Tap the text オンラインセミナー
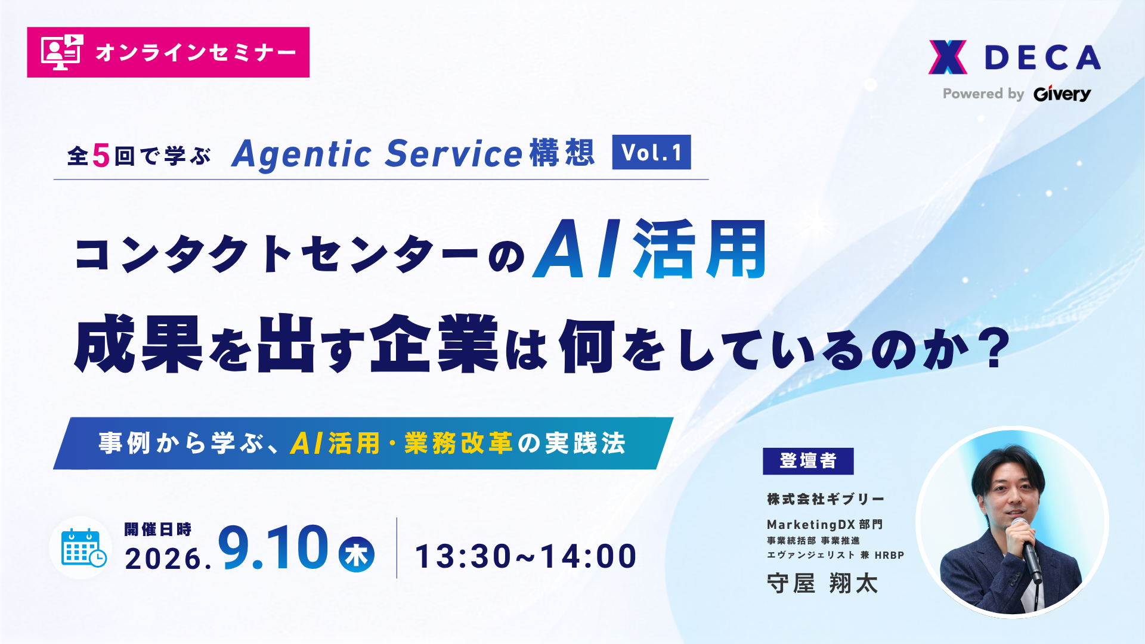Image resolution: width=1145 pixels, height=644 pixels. pyautogui.click(x=196, y=52)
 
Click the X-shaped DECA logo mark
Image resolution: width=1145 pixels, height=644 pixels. pyautogui.click(x=948, y=57)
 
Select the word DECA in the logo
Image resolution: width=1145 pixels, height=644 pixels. pyautogui.click(x=1042, y=58)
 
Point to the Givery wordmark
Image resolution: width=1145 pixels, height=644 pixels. pyautogui.click(x=1062, y=94)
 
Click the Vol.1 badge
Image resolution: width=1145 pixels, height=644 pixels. pyautogui.click(x=651, y=152)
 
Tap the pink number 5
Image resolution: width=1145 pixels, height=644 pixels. pyautogui.click(x=101, y=156)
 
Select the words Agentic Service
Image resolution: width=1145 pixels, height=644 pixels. pyautogui.click(x=377, y=154)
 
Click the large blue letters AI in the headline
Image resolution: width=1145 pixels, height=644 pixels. pyautogui.click(x=577, y=249)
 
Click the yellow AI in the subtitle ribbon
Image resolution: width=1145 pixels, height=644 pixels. pyautogui.click(x=307, y=443)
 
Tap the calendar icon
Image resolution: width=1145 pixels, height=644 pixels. pyautogui.click(x=83, y=547)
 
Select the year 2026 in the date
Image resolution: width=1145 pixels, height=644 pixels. pyautogui.click(x=163, y=559)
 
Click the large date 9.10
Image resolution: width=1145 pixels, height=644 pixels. pyautogui.click(x=273, y=547)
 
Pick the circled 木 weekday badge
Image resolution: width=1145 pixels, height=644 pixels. pyautogui.click(x=357, y=555)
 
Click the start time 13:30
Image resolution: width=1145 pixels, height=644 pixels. pyautogui.click(x=463, y=556)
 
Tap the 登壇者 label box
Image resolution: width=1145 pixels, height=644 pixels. pyautogui.click(x=808, y=461)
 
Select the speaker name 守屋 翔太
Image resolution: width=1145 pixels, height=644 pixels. pyautogui.click(x=822, y=583)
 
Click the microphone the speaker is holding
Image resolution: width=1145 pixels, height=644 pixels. pyautogui.click(x=1027, y=549)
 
